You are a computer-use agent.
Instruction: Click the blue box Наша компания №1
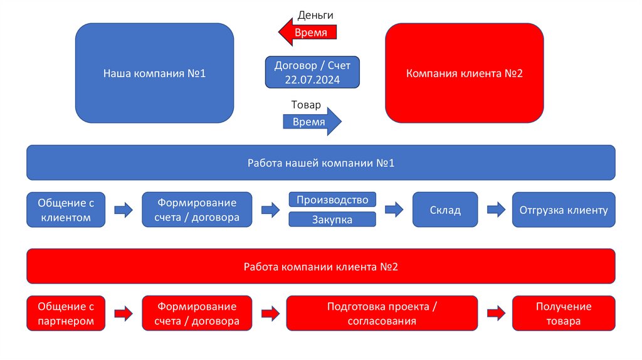(x=154, y=73)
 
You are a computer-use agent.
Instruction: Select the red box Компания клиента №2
(x=464, y=73)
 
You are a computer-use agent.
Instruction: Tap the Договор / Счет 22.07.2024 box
(x=312, y=73)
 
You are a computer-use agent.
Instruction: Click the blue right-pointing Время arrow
(x=312, y=122)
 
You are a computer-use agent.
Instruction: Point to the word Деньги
(x=315, y=14)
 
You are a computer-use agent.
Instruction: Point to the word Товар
(x=306, y=105)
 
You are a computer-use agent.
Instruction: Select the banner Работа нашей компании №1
(x=320, y=162)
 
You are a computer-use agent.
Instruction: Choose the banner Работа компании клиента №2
(x=320, y=267)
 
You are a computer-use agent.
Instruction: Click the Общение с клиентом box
(x=66, y=210)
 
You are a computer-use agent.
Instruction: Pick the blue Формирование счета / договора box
(x=197, y=210)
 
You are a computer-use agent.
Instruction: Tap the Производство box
(x=332, y=200)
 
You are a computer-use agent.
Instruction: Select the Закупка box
(x=332, y=220)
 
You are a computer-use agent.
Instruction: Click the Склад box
(x=445, y=210)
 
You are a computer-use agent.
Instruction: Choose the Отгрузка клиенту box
(x=564, y=210)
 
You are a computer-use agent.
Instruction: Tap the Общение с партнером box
(x=66, y=314)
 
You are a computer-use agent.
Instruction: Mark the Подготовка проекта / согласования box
(x=382, y=314)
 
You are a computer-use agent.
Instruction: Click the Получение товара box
(x=564, y=314)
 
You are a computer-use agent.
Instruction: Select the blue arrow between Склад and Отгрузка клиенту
(x=495, y=210)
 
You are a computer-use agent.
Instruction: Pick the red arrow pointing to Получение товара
(x=495, y=314)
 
